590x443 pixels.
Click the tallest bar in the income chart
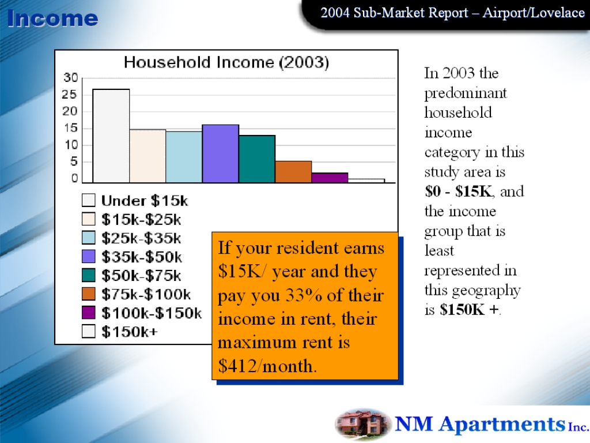click(x=111, y=136)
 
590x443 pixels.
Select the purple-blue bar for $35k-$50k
click(x=221, y=153)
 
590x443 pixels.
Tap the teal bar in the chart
click(x=257, y=159)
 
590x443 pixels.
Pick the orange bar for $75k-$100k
click(x=293, y=172)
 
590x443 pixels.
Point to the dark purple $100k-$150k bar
click(x=330, y=178)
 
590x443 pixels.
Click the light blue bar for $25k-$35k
click(x=184, y=157)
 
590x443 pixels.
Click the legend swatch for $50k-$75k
click(x=88, y=275)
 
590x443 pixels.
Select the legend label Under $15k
click(x=145, y=201)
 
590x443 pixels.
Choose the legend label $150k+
click(x=130, y=332)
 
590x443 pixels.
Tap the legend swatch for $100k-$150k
click(x=88, y=312)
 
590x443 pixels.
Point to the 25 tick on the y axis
click(x=69, y=94)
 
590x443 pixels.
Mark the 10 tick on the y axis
click(x=70, y=145)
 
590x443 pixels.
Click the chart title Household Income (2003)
click(x=226, y=62)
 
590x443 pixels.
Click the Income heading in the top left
click(x=52, y=18)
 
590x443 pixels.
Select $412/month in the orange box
click(x=267, y=366)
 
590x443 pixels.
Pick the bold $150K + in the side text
click(x=469, y=310)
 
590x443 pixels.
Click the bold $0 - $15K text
click(x=458, y=192)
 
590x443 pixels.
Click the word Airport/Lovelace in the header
click(x=534, y=13)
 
